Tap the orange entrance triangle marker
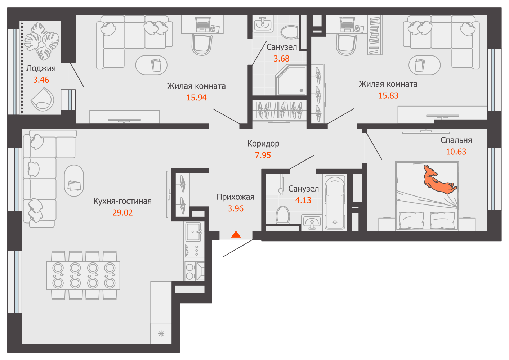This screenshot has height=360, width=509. [x=236, y=234]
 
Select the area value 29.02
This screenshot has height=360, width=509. [x=122, y=213]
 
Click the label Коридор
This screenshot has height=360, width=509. [x=263, y=144]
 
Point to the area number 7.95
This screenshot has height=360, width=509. [x=263, y=155]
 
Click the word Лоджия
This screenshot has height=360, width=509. [x=41, y=68]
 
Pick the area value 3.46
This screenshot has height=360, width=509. [x=41, y=80]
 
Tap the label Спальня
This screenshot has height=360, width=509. [x=456, y=140]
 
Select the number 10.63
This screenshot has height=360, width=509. [x=456, y=152]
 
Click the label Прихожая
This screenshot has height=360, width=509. [x=236, y=197]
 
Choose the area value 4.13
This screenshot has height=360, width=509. [x=303, y=200]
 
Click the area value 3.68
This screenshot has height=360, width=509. [x=281, y=59]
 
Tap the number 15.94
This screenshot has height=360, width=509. [x=197, y=98]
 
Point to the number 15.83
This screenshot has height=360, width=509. [x=388, y=96]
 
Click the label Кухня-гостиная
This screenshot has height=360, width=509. [x=122, y=201]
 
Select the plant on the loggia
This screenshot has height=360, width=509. [x=42, y=41]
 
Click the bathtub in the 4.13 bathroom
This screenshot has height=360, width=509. [x=335, y=202]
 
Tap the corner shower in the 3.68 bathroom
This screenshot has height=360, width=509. [x=291, y=80]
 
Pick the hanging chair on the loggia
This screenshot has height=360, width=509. [x=43, y=99]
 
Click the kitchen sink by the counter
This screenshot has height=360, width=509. [x=193, y=232]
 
